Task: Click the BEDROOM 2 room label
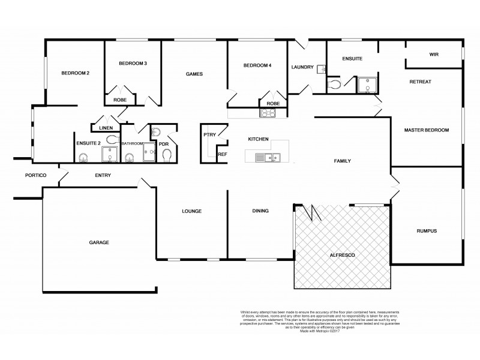[x=75, y=73]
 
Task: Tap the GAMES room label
[x=194, y=74]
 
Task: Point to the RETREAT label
[x=420, y=81]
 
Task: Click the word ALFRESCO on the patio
[x=343, y=256]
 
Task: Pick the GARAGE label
[x=99, y=242]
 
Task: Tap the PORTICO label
[x=36, y=176]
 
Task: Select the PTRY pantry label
[x=209, y=134]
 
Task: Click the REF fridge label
[x=222, y=154]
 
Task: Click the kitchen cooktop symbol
[x=267, y=112]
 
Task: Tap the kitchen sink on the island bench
[x=266, y=158]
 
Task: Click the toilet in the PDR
[x=168, y=155]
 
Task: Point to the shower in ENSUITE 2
[x=110, y=155]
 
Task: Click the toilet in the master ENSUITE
[x=336, y=85]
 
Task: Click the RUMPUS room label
[x=426, y=231]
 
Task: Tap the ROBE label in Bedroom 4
[x=273, y=103]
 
